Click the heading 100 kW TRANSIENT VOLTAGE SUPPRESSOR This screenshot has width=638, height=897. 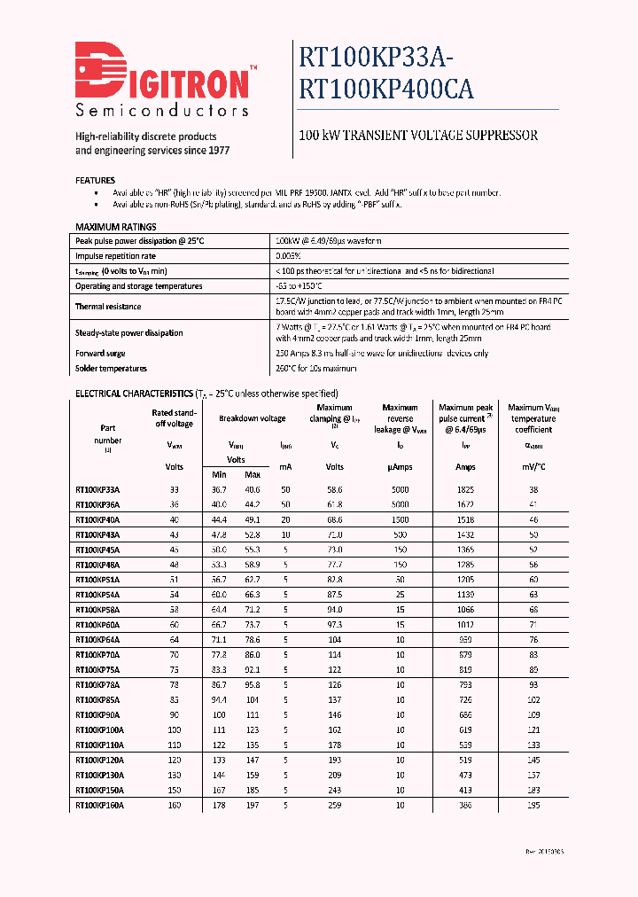point(418,136)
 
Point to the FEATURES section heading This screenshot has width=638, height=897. point(96,180)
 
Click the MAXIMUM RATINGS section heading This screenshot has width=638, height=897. point(116,227)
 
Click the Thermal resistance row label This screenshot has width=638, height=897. point(108,306)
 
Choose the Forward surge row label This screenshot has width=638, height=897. point(100,354)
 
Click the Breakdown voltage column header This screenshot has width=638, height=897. point(253,418)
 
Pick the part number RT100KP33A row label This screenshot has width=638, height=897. point(97,489)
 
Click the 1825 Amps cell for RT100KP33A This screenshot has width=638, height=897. point(465,489)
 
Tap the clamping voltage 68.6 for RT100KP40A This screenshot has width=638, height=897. point(334,519)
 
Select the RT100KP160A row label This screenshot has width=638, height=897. point(99,806)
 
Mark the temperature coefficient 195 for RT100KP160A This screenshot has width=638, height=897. point(533,806)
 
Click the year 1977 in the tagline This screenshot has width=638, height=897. point(217,151)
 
